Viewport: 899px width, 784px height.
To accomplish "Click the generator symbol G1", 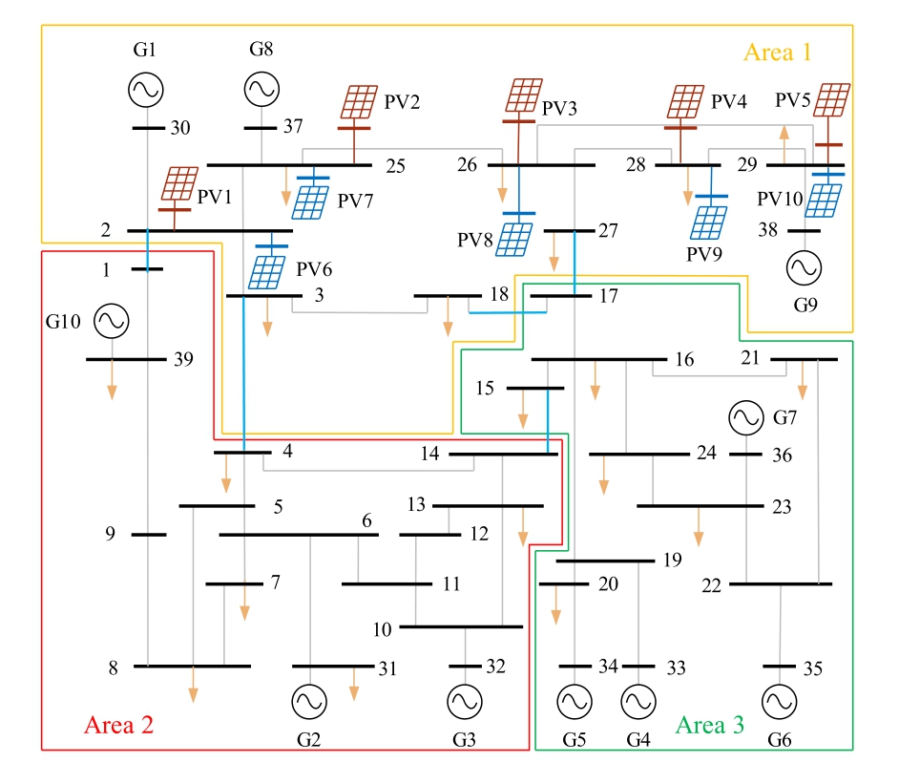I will click(x=146, y=91).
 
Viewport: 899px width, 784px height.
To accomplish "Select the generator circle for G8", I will click(x=261, y=91).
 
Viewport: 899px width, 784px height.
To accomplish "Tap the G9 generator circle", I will click(x=804, y=269).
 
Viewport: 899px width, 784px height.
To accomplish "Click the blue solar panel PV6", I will click(x=265, y=270).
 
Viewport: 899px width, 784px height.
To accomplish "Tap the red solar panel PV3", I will click(x=522, y=96).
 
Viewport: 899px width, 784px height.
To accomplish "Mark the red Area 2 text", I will click(x=119, y=724).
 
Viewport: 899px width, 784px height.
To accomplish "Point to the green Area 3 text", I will click(x=710, y=725).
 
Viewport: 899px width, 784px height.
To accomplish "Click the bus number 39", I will click(x=183, y=359).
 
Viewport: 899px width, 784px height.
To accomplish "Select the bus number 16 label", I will click(x=684, y=359).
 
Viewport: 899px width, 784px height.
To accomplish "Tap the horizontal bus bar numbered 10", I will click(x=461, y=627).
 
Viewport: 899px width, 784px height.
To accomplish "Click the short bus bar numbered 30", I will click(x=148, y=128).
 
